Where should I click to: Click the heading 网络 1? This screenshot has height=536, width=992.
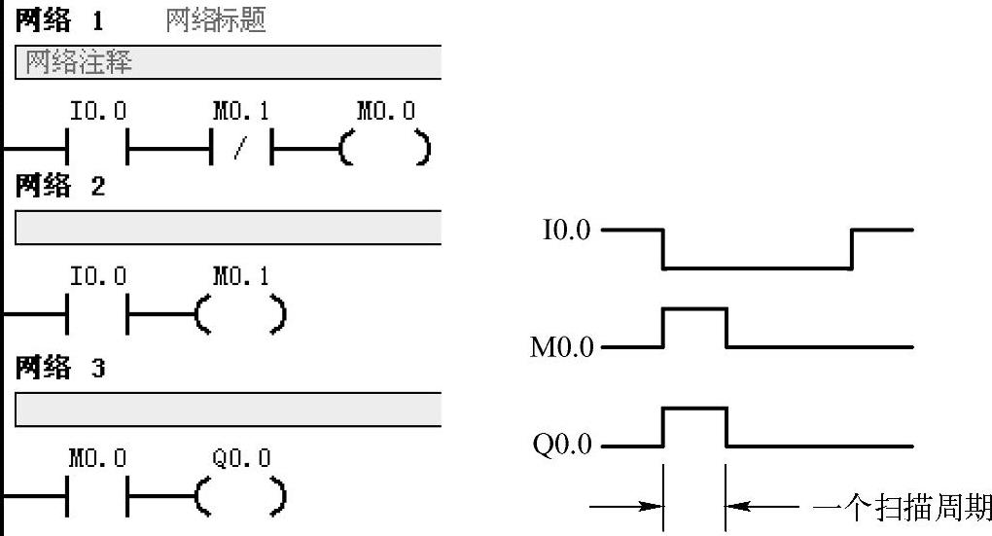58,20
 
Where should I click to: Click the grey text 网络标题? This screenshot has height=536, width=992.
216,20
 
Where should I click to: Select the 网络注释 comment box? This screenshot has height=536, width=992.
229,63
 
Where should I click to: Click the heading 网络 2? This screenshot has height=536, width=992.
58,186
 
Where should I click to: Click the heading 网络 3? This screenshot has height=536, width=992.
58,368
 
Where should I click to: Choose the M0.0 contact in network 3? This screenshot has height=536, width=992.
96,496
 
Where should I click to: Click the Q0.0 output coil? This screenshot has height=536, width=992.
240,496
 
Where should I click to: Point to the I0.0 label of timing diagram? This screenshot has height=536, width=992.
566,232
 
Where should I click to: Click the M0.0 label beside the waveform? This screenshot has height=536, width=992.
561,347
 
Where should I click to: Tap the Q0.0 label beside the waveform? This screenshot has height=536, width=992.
561,447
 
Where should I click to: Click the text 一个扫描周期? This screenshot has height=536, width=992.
901,507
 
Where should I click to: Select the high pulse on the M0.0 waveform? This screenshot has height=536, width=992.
694,310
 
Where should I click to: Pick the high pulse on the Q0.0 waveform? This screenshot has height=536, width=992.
694,410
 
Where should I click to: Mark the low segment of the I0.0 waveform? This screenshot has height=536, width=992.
757,268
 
